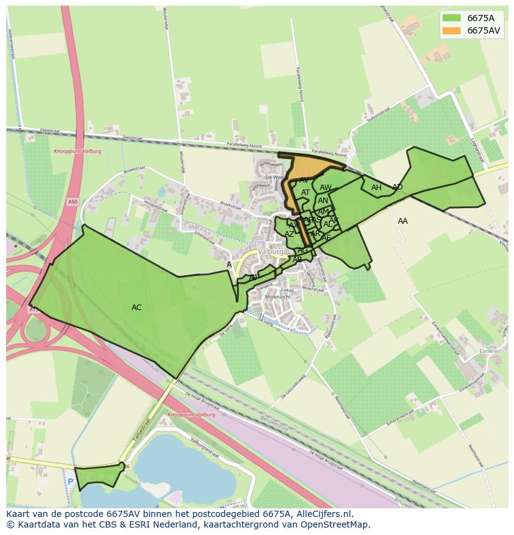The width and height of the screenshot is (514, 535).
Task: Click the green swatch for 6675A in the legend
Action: tap(451, 18)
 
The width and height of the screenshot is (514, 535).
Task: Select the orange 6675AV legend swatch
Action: tap(451, 30)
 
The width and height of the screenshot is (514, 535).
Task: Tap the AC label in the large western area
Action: tap(137, 308)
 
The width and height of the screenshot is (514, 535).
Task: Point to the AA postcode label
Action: tap(403, 221)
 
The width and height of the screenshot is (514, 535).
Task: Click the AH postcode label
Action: tap(376, 188)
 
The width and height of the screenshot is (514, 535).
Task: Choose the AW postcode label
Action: tap(326, 188)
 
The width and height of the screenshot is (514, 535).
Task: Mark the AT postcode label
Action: tap(305, 193)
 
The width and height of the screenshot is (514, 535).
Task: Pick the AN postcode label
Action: tap(323, 201)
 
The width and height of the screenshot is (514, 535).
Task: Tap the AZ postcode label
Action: tap(289, 234)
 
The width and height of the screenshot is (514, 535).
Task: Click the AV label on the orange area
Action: tap(304, 180)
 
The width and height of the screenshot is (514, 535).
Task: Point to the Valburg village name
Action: tap(271, 252)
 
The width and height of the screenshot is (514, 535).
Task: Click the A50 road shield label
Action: tap(73, 202)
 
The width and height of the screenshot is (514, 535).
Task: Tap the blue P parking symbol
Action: tap(71, 482)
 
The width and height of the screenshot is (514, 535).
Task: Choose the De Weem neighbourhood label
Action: tap(274, 177)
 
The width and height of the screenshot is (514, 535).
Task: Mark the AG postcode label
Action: tap(303, 250)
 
